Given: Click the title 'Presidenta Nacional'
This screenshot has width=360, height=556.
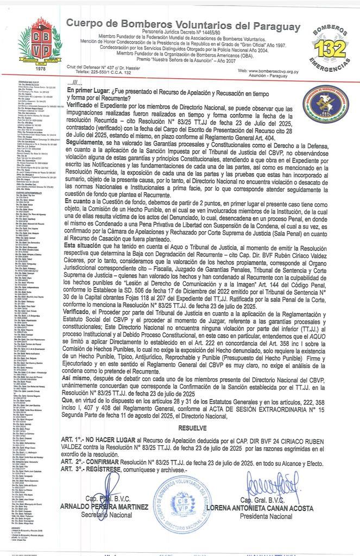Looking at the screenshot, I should point(263,516).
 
